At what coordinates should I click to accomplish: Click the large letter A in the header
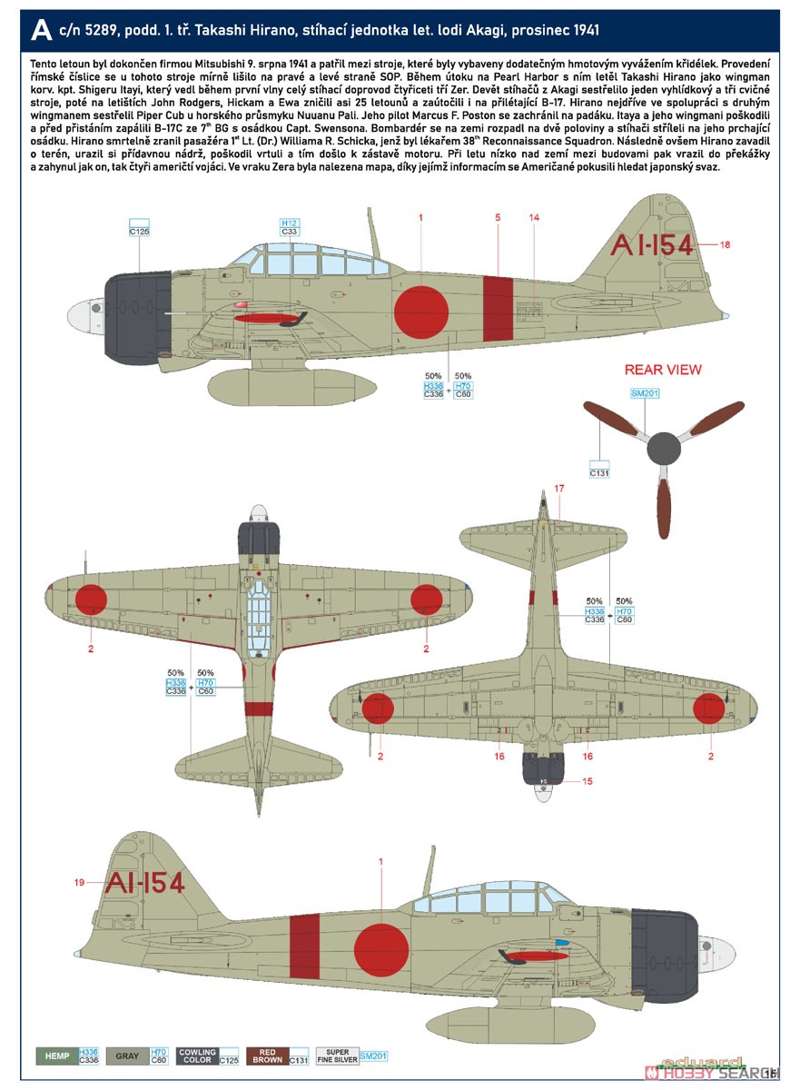tap(42, 31)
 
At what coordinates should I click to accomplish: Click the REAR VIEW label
tap(663, 370)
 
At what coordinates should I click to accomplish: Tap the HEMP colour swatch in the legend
tap(57, 1055)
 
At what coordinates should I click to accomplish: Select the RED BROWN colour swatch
tap(267, 1055)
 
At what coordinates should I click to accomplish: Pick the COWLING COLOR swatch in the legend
tap(197, 1055)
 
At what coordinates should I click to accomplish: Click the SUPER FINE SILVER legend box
tap(337, 1055)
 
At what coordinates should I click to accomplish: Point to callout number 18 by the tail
tap(725, 244)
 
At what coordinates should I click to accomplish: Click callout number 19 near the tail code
tap(79, 882)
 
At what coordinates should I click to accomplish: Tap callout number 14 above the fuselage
tap(534, 217)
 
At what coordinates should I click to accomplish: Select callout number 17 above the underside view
tap(559, 488)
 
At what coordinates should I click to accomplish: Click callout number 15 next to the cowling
tap(588, 781)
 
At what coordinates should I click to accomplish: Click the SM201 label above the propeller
tap(645, 393)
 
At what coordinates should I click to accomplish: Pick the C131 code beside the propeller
tap(599, 473)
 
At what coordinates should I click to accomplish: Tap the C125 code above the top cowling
tap(139, 232)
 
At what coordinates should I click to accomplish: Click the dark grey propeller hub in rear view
tap(664, 449)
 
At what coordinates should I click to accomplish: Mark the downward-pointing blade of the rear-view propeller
tap(664, 509)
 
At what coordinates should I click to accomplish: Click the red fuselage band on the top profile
tap(498, 309)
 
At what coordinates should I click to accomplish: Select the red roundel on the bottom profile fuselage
tap(380, 950)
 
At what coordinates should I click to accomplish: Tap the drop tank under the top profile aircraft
tap(291, 386)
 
